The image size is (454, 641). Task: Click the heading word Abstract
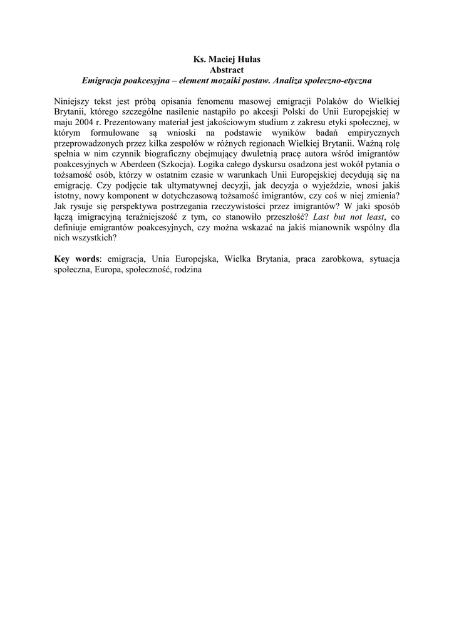227,71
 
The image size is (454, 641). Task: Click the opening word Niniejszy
73,101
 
